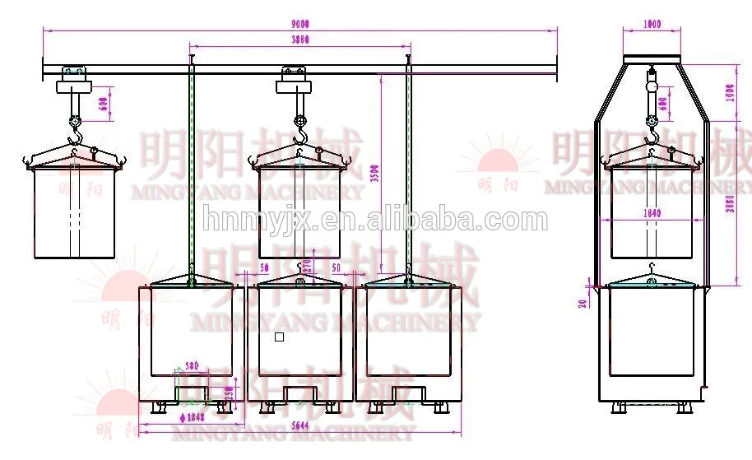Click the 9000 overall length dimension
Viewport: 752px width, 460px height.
point(299,25)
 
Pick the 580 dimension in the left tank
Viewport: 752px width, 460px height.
point(192,366)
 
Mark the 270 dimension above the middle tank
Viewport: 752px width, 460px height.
point(308,265)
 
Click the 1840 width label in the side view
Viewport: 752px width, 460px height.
point(651,213)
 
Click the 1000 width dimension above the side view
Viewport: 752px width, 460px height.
point(652,25)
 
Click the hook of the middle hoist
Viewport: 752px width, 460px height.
point(300,130)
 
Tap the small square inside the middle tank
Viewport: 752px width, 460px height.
point(279,337)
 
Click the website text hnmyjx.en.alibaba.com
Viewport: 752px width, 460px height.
point(375,221)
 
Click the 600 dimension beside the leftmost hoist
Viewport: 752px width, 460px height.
point(102,105)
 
